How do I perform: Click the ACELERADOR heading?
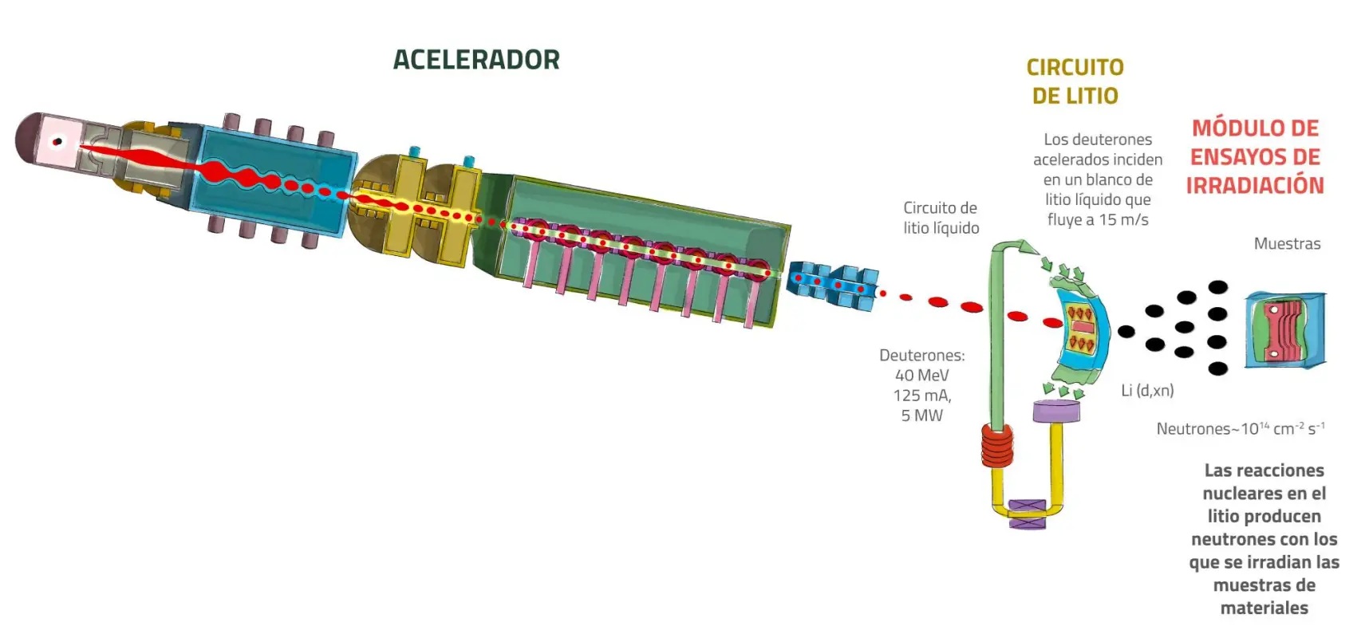(x=476, y=60)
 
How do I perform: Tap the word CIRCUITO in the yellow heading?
(x=1075, y=68)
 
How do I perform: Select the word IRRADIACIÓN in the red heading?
(x=1254, y=186)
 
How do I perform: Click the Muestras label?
(x=1287, y=244)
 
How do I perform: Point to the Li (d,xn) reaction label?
(x=1147, y=391)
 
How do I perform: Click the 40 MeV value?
(x=921, y=376)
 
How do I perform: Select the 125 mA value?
(x=921, y=396)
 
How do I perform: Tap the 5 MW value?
(x=921, y=415)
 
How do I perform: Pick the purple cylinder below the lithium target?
(x=1056, y=412)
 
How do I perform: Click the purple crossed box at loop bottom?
(x=1027, y=514)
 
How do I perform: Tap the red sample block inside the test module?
(x=1284, y=329)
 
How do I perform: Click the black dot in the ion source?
(x=57, y=143)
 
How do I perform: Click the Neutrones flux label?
(x=1240, y=429)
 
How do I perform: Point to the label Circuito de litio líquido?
(x=941, y=218)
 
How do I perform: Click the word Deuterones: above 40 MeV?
(x=921, y=356)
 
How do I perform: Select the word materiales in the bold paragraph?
(x=1264, y=608)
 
